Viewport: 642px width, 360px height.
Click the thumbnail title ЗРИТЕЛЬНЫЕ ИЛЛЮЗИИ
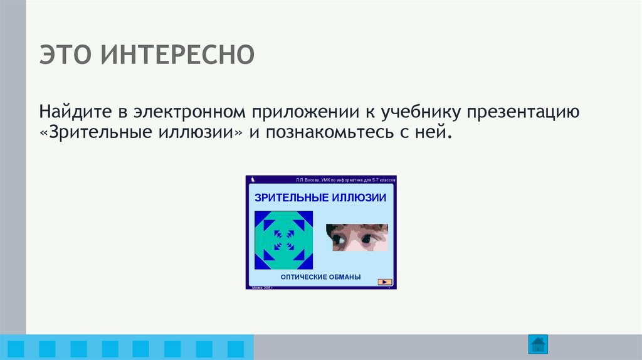320,198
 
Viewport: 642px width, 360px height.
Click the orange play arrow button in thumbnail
385,282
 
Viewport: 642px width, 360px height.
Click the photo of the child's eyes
356,238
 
